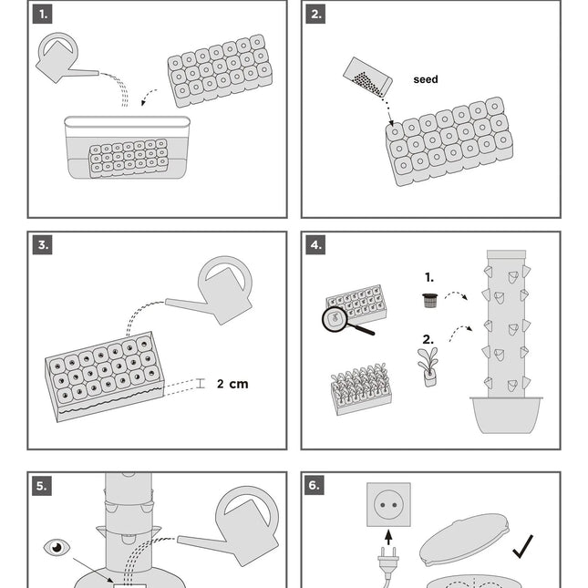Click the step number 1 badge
(x=42, y=14)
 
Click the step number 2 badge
(x=315, y=14)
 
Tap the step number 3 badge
(x=42, y=245)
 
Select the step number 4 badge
(x=315, y=245)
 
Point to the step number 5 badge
(x=42, y=486)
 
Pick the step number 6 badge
(x=315, y=486)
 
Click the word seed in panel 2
(x=426, y=79)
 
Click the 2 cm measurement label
(x=232, y=384)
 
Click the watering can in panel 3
(x=219, y=290)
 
